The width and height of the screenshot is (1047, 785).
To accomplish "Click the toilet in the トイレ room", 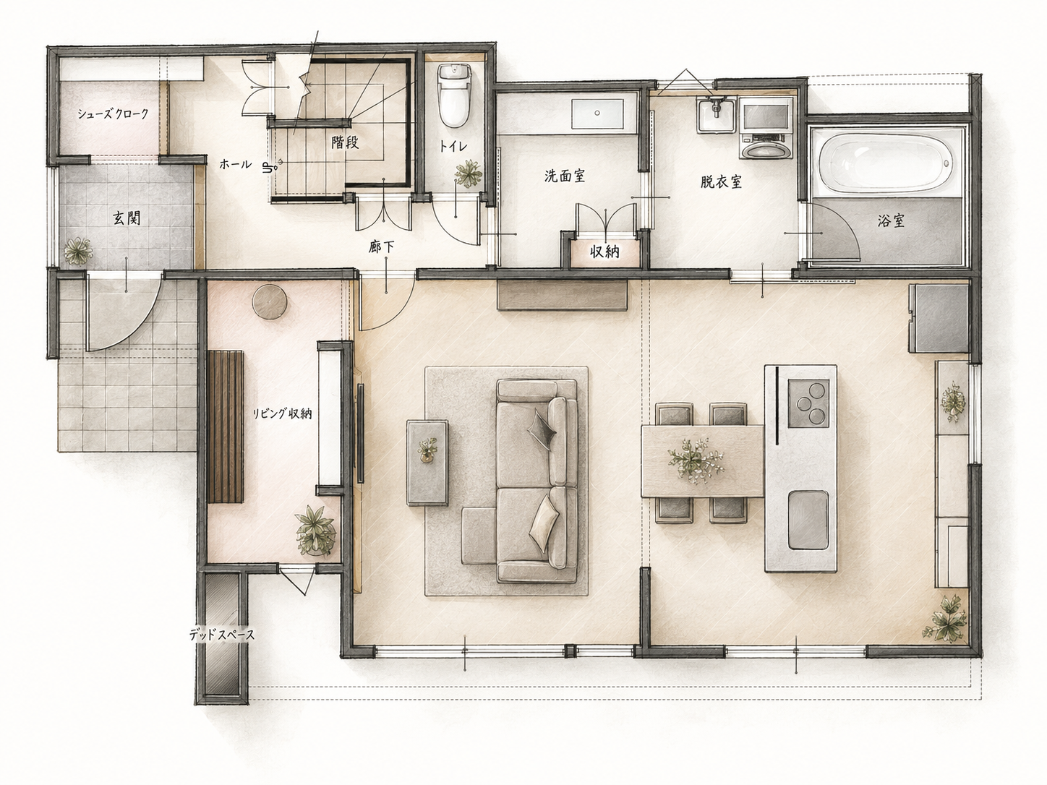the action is [455, 95].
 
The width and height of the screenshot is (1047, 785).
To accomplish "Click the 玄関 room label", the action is [126, 218].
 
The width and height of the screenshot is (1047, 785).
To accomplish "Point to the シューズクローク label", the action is [113, 114].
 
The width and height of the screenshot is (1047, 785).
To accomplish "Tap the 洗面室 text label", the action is [565, 176].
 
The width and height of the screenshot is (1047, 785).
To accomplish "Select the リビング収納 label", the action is [282, 413].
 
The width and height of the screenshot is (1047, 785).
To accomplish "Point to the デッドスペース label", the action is [221, 635].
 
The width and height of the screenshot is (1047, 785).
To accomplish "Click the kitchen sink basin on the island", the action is [808, 520].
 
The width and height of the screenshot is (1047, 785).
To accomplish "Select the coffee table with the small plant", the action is [427, 462].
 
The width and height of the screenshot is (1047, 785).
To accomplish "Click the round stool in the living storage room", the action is [270, 301].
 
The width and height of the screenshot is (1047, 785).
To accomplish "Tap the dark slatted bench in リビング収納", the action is [226, 426].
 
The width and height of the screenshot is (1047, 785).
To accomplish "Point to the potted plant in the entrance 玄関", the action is [78, 251].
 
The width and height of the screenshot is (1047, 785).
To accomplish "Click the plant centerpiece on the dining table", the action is [696, 462].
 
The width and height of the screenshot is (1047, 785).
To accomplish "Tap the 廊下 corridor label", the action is [382, 247].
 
